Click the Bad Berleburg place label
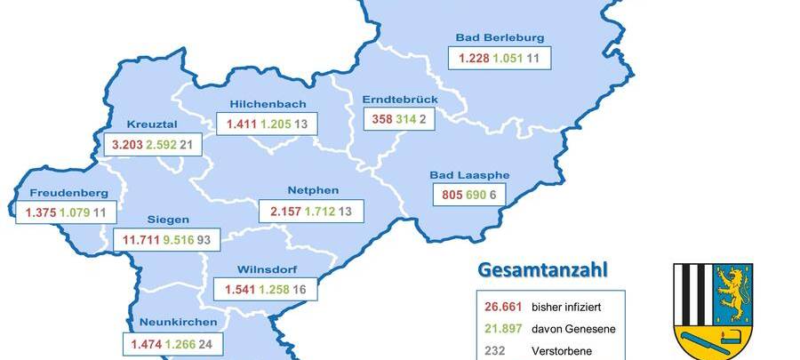(x=500, y=37)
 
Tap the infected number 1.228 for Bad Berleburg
(x=474, y=60)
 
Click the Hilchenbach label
(x=267, y=103)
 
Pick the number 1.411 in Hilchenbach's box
(x=242, y=124)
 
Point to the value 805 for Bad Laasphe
(x=452, y=195)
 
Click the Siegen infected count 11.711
(x=138, y=239)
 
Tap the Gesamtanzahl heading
(x=548, y=268)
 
